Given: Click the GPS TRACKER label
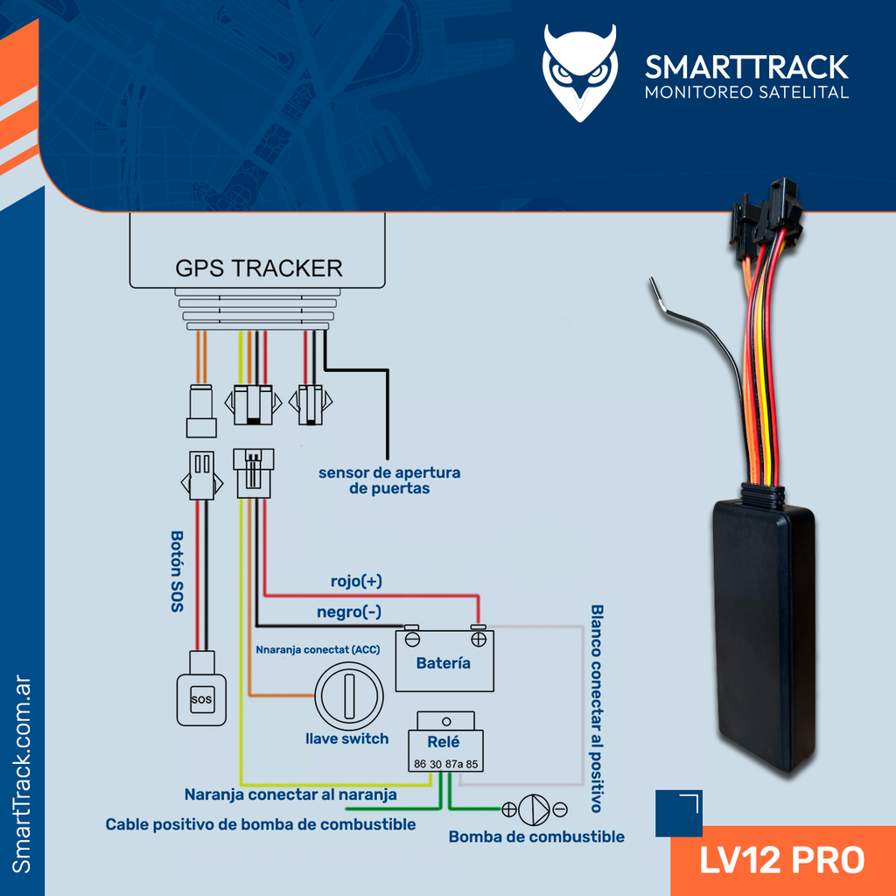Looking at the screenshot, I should pos(259,268).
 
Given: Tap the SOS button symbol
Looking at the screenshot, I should pos(201,699).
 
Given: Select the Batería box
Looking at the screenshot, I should pos(444,661).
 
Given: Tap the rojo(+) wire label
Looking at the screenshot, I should pos(355,581).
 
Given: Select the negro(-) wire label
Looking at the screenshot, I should pos(348,612).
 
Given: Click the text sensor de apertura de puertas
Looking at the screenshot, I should pos(389,480).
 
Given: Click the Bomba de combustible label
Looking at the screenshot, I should pos(536,837).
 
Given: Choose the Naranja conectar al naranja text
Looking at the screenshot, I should pos(290,794).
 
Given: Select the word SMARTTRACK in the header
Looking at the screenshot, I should pos(746,66).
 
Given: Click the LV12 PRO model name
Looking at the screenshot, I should pos(781,859).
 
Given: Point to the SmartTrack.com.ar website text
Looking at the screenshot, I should pos(23,774).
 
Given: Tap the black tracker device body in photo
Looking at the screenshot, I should pos(763,630).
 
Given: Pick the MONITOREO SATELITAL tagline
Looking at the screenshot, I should pos(746,93).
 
